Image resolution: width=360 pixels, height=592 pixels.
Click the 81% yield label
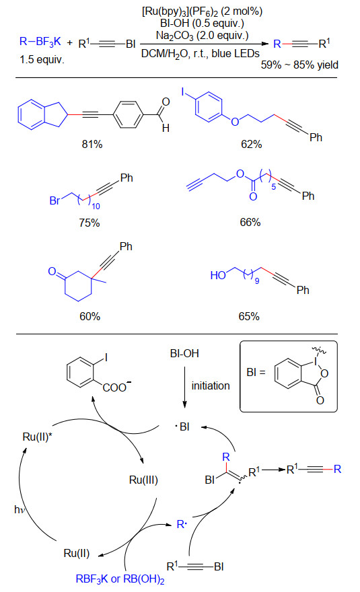(92, 144)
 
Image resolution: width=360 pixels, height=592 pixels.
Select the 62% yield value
(251, 144)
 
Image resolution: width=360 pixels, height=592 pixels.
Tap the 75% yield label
(89, 223)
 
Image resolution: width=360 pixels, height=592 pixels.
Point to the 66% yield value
(250, 222)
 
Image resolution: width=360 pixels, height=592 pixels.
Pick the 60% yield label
(90, 316)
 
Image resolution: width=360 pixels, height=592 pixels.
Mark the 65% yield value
(249, 316)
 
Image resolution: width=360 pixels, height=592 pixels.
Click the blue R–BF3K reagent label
(40, 42)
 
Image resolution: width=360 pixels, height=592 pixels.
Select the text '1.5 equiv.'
(42, 59)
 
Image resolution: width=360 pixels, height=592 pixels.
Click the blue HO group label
(218, 275)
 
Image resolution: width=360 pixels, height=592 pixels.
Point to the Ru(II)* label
(38, 437)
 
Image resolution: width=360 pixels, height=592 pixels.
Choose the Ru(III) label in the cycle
(143, 480)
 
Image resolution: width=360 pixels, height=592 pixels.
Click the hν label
(20, 509)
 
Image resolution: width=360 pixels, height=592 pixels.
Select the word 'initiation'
(211, 385)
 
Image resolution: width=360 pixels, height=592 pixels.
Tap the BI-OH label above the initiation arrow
(184, 353)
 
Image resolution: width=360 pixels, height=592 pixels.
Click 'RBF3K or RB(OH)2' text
(120, 579)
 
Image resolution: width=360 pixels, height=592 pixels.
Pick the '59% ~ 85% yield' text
(299, 65)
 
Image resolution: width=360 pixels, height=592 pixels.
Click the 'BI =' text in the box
(256, 372)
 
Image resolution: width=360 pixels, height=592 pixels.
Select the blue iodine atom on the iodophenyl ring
(183, 91)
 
